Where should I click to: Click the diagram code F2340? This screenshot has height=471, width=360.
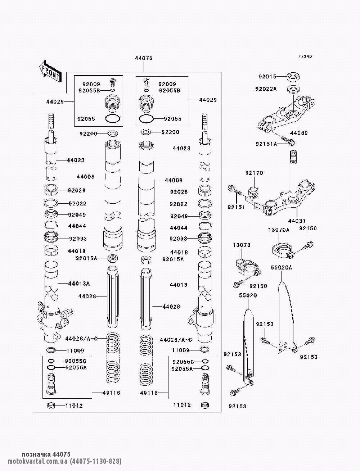click(x=305, y=56)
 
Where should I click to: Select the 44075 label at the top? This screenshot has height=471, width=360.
click(x=144, y=58)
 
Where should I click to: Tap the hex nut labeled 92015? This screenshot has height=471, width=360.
click(x=293, y=77)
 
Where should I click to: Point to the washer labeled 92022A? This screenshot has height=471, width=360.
click(x=293, y=89)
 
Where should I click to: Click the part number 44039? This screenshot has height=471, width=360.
click(x=299, y=133)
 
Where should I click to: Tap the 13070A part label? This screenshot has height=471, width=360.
click(x=279, y=230)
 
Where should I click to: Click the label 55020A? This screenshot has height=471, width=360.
click(x=281, y=268)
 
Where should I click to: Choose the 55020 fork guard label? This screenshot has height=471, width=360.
click(x=248, y=295)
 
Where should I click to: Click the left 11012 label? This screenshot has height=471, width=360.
click(x=74, y=406)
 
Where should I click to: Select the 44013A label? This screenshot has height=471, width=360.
click(x=79, y=284)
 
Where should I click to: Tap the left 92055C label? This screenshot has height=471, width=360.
click(x=76, y=361)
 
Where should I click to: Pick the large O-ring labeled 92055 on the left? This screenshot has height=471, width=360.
click(x=113, y=119)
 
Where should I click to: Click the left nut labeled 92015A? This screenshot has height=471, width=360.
click(x=112, y=258)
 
